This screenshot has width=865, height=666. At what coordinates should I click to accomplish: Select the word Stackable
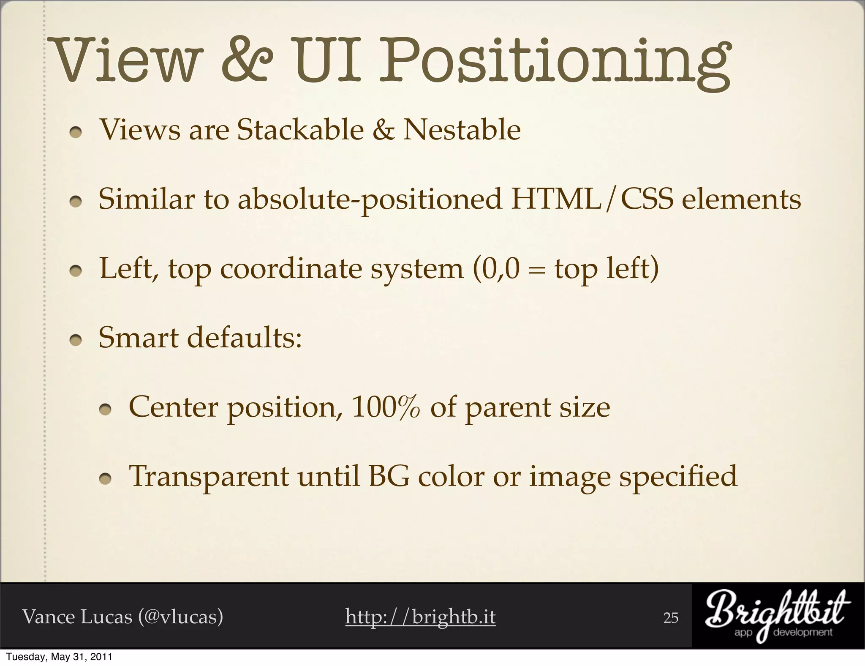pyautogui.click(x=300, y=130)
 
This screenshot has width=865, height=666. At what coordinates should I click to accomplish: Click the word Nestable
pyautogui.click(x=462, y=130)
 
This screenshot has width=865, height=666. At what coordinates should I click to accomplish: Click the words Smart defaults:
pyautogui.click(x=200, y=338)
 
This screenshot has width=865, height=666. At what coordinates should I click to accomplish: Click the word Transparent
pyautogui.click(x=209, y=477)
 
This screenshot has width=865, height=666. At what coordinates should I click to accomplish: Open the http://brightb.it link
pyautogui.click(x=420, y=617)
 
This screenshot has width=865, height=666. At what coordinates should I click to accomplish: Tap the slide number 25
pyautogui.click(x=671, y=618)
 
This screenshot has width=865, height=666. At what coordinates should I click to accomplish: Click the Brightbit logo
pyautogui.click(x=778, y=616)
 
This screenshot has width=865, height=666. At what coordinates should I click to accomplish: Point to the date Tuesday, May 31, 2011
pyautogui.click(x=59, y=657)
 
